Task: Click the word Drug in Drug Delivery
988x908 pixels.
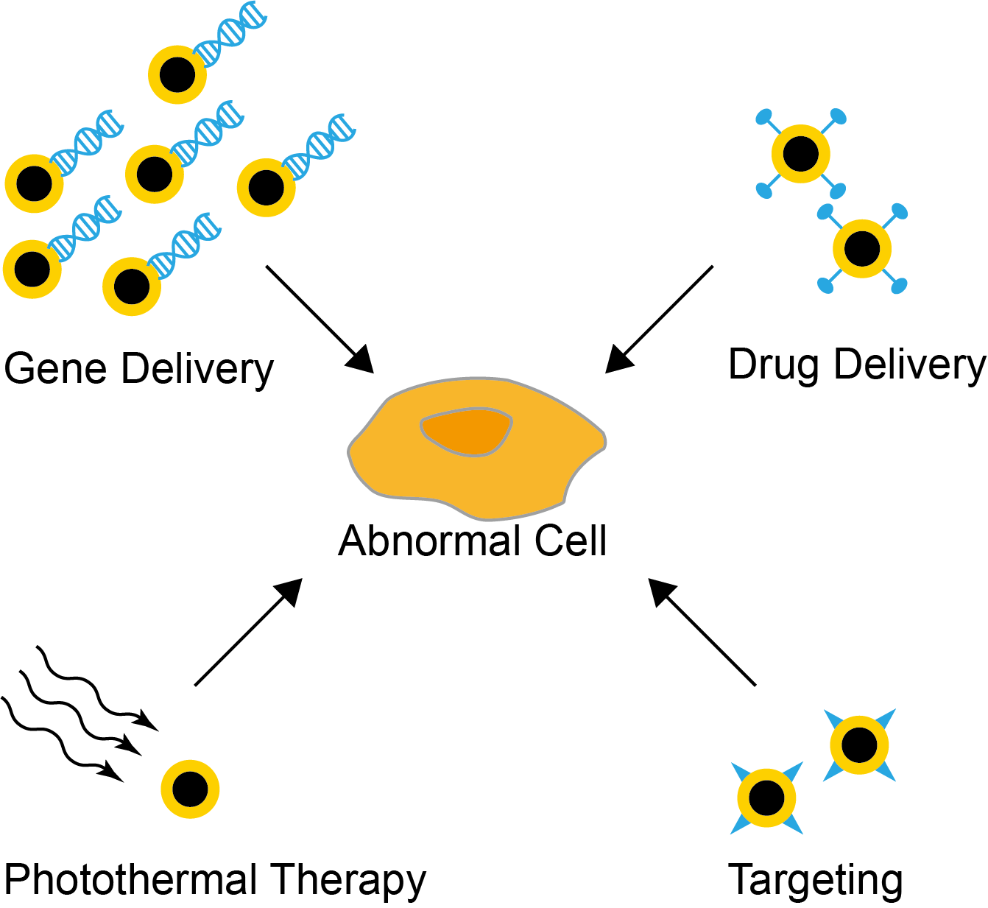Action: tap(772, 365)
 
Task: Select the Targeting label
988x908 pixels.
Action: tap(815, 881)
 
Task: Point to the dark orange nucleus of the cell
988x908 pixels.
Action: tap(466, 432)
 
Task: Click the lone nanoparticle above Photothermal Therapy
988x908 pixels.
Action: tap(190, 789)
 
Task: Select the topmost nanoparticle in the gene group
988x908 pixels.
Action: tap(177, 74)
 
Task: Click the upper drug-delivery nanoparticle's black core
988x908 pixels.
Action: tap(801, 154)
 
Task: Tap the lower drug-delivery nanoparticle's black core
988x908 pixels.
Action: tap(862, 249)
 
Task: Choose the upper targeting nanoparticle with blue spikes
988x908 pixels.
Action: tap(859, 745)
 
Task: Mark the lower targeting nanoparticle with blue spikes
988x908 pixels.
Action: tap(766, 798)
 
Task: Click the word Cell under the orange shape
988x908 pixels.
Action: tap(571, 541)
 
